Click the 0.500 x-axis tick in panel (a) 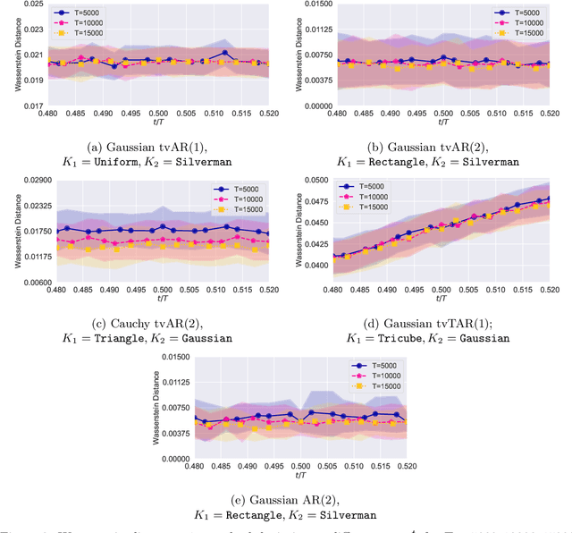pyautogui.click(x=157, y=114)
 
